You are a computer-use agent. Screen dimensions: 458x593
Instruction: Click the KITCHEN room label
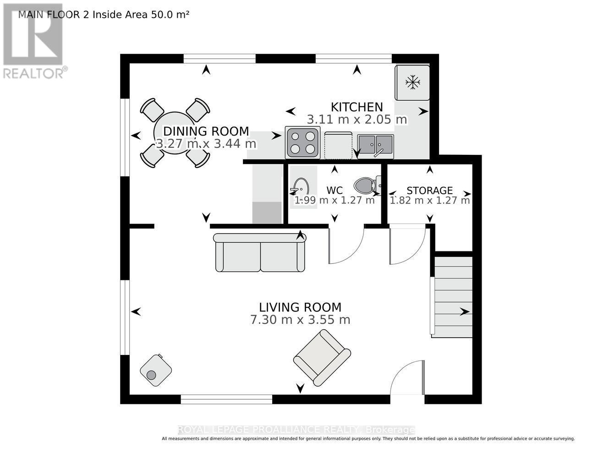click(x=357, y=107)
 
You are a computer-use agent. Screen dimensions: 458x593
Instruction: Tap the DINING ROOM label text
click(x=206, y=131)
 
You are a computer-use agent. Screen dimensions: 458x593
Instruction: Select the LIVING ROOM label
click(x=300, y=307)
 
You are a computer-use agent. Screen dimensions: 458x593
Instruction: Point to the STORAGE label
click(x=429, y=191)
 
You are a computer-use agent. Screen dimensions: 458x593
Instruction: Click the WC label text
click(x=335, y=191)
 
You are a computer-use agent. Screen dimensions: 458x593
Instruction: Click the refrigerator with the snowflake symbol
click(x=413, y=82)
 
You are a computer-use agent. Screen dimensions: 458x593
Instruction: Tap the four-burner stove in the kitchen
click(x=302, y=142)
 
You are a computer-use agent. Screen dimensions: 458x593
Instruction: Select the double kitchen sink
click(x=375, y=145)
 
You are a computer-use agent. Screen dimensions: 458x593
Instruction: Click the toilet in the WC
click(x=366, y=185)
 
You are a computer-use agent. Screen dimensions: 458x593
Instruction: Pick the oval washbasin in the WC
click(x=301, y=187)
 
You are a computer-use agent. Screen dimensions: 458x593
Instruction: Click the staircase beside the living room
click(x=453, y=297)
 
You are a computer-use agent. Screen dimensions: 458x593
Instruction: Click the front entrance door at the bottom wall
click(x=407, y=378)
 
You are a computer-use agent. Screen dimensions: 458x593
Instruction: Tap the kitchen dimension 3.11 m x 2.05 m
click(x=357, y=120)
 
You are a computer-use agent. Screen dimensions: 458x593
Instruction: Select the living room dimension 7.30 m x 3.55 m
click(x=300, y=320)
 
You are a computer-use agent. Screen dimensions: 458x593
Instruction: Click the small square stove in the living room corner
click(x=155, y=370)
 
